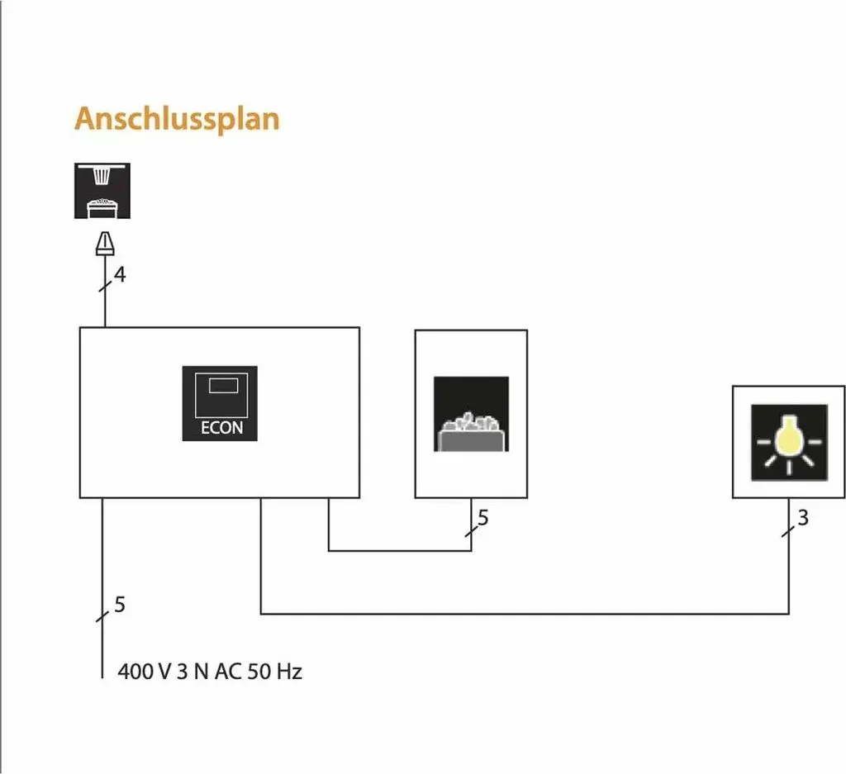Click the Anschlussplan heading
(x=177, y=119)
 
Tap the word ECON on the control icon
(x=221, y=428)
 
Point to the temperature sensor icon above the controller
(x=102, y=191)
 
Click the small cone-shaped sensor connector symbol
(x=105, y=243)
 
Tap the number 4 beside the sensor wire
(x=120, y=274)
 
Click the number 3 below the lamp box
(x=803, y=518)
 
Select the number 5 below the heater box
(x=482, y=518)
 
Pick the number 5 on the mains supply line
(x=120, y=605)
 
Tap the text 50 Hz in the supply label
(x=274, y=672)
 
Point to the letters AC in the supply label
(x=228, y=672)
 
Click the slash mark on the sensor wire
(x=105, y=286)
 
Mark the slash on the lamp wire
(x=788, y=531)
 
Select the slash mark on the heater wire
(x=472, y=531)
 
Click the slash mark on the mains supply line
(x=102, y=616)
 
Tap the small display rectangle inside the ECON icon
(x=223, y=385)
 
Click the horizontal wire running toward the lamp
(x=525, y=614)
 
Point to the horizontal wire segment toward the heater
(x=400, y=551)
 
